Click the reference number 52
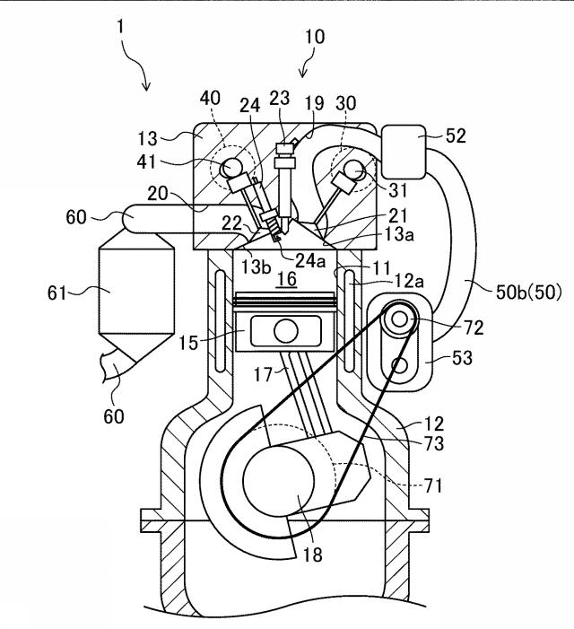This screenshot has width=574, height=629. [457, 136]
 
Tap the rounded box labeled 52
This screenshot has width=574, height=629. [404, 152]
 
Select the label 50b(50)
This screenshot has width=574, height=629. [529, 292]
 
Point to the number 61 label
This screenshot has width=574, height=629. [57, 293]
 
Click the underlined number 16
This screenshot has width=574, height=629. [287, 279]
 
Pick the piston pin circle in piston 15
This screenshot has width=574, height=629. [286, 331]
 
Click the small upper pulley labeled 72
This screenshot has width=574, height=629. [400, 319]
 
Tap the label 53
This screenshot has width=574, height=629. [462, 357]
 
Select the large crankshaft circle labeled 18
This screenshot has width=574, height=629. [279, 481]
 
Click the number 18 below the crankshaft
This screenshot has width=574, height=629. [313, 555]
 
